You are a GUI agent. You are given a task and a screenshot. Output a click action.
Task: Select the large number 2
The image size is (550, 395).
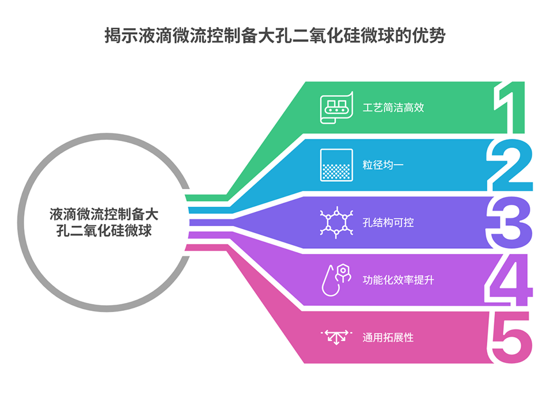510,165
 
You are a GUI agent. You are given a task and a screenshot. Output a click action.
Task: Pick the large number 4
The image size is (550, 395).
509,280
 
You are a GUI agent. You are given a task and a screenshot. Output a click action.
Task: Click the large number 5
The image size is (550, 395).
509,337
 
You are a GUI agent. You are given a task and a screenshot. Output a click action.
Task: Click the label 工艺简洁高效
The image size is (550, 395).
393,107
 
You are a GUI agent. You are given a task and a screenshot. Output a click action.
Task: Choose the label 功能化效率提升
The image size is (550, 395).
398,280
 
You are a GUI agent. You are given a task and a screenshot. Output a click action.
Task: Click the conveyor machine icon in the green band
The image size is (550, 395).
336,108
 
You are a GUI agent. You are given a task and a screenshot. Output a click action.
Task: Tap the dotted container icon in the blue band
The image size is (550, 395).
336,165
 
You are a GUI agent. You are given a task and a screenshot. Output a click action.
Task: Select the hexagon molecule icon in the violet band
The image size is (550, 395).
336,222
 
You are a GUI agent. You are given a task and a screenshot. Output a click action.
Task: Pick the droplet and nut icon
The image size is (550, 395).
336,280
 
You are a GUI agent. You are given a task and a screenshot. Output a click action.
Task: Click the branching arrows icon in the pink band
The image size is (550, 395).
336,337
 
